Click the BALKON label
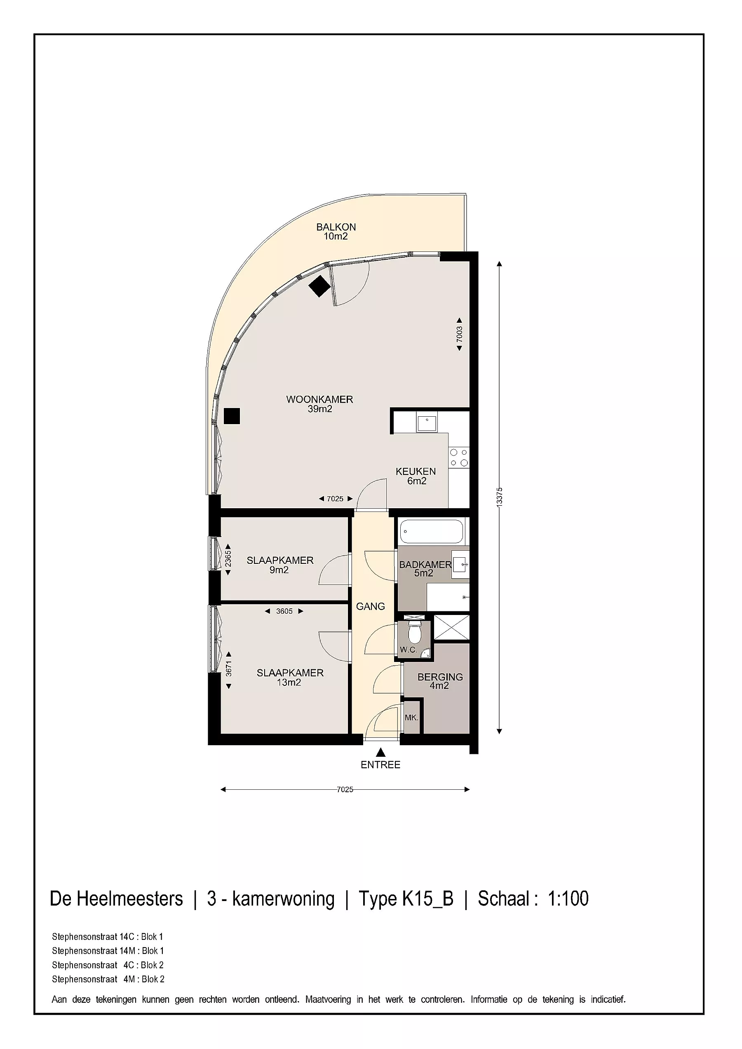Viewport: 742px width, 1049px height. click(336, 227)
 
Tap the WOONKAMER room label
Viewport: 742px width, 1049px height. click(319, 399)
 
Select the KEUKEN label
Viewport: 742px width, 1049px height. click(416, 471)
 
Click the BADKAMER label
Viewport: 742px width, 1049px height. click(425, 565)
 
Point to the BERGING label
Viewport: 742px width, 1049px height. click(440, 677)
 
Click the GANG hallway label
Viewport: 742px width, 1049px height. click(371, 606)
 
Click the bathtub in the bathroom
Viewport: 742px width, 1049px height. click(432, 531)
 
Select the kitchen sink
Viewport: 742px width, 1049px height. click(427, 421)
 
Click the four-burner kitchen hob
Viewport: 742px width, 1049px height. click(459, 458)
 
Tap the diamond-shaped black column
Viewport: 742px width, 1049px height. click(319, 286)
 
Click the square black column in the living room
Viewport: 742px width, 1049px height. click(232, 416)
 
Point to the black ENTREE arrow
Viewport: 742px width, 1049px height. click(380, 751)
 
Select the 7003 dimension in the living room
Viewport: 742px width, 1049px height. click(459, 334)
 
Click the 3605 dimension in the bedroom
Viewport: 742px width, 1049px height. click(284, 611)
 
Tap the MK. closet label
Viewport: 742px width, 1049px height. click(411, 717)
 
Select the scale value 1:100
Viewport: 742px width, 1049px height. click(568, 898)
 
